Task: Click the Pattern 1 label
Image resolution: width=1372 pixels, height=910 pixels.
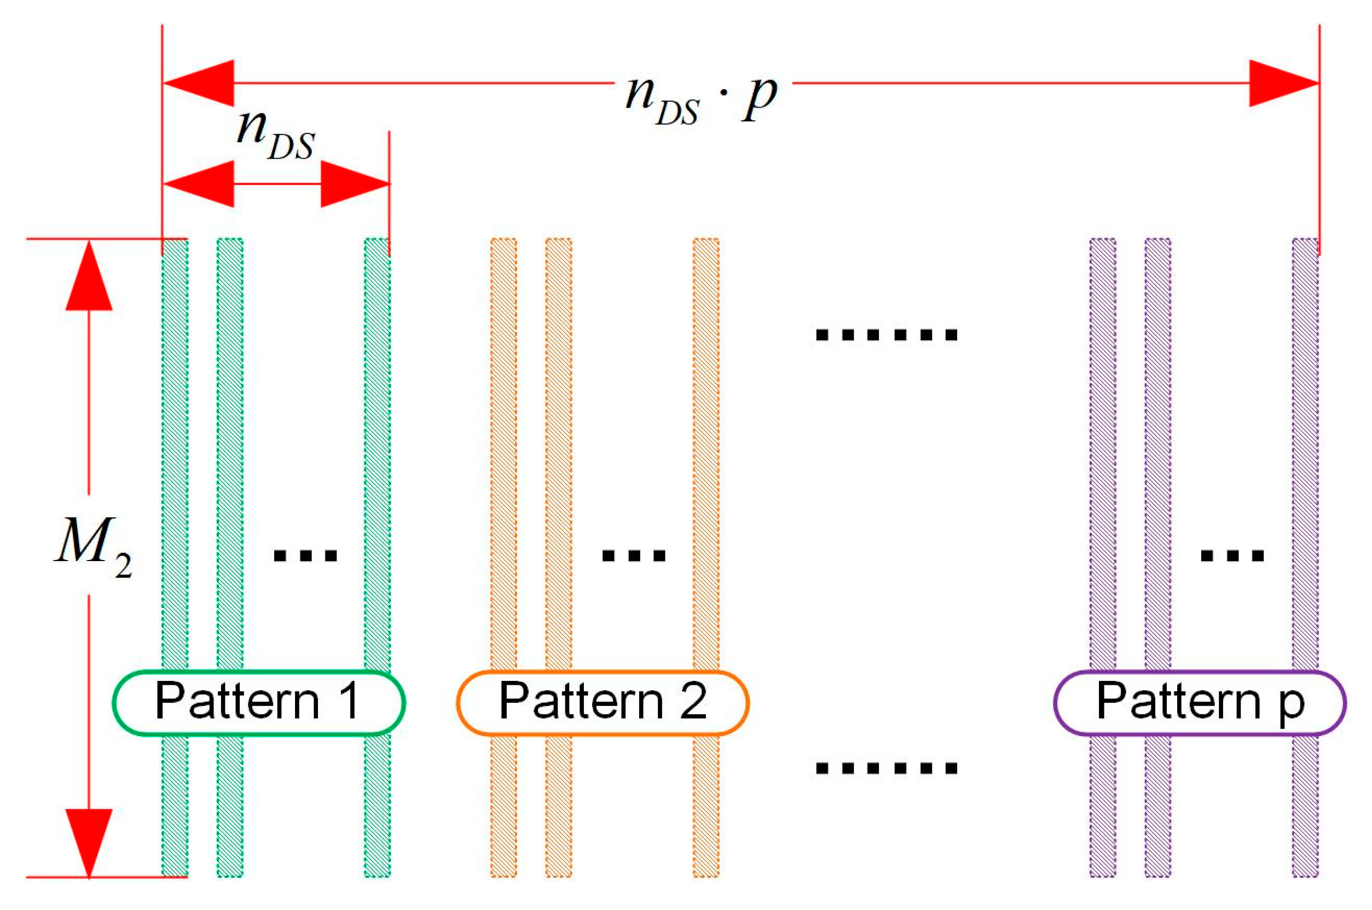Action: point(258,702)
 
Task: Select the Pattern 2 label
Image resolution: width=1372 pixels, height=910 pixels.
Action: point(603,702)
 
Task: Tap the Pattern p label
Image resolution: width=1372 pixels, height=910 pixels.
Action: point(1200,702)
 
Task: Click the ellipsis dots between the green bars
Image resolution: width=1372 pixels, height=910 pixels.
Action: point(305,556)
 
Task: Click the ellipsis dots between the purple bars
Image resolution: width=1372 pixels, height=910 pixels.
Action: point(1232,556)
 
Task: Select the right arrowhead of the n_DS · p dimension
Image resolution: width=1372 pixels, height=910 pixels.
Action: point(1283,83)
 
